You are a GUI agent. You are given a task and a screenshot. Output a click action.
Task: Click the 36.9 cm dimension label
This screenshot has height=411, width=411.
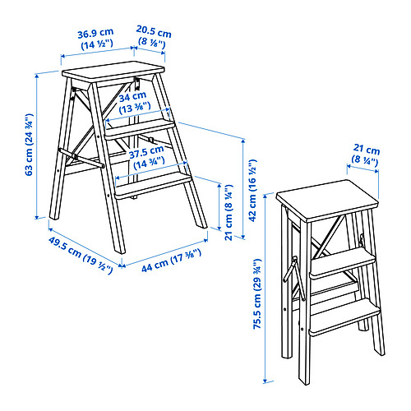[95, 39]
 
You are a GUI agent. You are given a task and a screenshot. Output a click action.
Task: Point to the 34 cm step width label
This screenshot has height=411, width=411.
[134, 103]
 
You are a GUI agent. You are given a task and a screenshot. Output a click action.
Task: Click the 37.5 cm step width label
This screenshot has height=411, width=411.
[147, 157]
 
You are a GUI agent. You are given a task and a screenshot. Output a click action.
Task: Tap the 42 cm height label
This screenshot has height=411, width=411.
[252, 190]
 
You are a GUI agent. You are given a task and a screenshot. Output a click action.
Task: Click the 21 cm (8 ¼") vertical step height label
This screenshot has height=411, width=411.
[229, 212]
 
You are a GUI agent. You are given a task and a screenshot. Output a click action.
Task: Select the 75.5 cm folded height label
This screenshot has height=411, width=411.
[257, 294]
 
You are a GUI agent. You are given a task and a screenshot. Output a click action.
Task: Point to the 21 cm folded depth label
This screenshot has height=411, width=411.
[366, 155]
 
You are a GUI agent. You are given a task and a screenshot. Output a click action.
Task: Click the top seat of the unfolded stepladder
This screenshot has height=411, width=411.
[113, 72]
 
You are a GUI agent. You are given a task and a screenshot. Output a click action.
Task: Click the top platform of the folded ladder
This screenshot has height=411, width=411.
[327, 201]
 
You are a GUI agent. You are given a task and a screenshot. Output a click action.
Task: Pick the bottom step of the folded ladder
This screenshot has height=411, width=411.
[344, 317]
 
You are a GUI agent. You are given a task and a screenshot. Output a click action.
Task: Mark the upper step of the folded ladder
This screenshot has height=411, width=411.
[343, 263]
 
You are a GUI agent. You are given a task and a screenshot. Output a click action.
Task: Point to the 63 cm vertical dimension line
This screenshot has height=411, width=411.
[37, 145]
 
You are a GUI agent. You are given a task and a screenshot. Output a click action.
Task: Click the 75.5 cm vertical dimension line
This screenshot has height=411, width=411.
[265, 289]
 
